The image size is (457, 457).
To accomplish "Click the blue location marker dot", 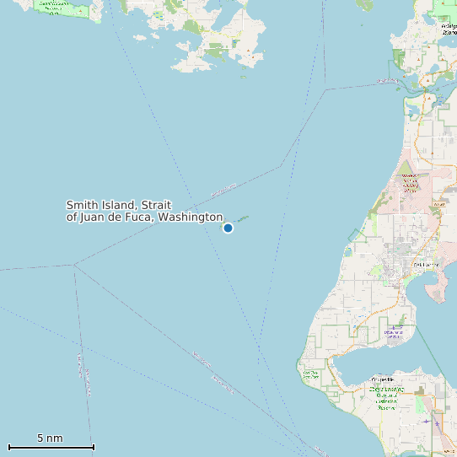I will [x=228, y=228].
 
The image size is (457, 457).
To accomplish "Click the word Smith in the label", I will [x=83, y=205].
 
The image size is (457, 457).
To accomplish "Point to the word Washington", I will [x=191, y=218].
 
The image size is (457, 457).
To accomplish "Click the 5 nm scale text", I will [x=50, y=438].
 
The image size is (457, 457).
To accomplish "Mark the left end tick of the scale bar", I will [x=9, y=447].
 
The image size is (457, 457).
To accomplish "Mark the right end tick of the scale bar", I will [x=93, y=447].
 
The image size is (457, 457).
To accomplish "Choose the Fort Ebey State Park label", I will [x=309, y=374].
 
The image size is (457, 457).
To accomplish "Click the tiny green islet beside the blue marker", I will [x=243, y=218].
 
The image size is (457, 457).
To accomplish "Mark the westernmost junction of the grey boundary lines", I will [x=74, y=265].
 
